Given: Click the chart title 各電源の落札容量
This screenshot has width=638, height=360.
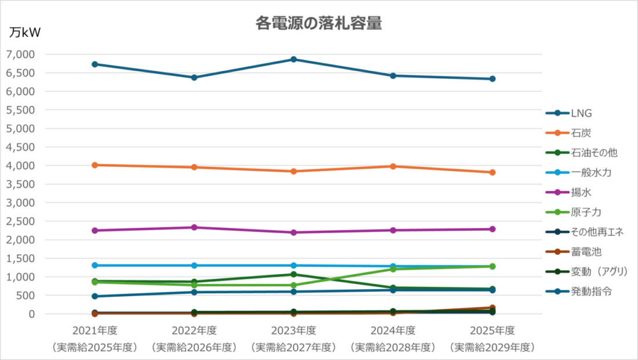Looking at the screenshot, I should tap(318, 23).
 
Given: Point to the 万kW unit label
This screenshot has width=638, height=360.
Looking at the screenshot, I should tap(25, 33).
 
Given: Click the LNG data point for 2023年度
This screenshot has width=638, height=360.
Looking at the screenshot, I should tap(293, 59).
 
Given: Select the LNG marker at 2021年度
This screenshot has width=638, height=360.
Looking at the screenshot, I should tap(95, 64).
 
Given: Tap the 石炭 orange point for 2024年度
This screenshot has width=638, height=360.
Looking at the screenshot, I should tap(393, 166).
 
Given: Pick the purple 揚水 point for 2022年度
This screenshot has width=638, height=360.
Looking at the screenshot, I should tap(194, 227).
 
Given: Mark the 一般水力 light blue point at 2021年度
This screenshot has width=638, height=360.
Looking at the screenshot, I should tap(95, 266).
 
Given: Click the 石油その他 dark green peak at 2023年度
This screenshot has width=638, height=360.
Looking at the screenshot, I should tap(293, 274).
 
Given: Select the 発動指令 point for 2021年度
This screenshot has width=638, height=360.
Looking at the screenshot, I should tap(95, 296).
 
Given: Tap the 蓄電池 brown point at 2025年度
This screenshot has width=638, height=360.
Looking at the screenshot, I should tap(492, 308).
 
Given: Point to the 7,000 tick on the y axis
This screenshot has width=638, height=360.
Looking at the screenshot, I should tap(20, 54).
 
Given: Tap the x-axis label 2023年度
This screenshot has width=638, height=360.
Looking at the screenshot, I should tap(293, 331).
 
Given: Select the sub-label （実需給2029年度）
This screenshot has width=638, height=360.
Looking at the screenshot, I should tap(492, 348).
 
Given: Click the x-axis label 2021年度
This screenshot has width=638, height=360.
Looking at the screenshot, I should tap(95, 331).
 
